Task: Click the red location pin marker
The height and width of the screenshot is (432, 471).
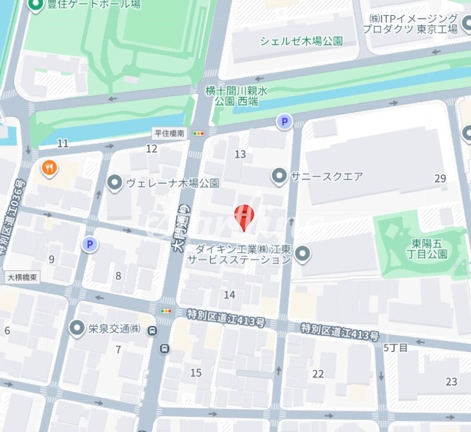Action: [244, 216]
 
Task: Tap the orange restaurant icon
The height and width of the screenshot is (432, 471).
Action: [49, 168]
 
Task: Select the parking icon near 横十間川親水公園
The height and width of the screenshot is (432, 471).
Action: [284, 122]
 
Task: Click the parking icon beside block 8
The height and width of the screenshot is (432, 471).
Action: [89, 243]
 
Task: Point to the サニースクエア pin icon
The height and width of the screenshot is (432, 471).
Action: [278, 176]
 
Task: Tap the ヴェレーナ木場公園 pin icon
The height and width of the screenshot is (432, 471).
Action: [114, 183]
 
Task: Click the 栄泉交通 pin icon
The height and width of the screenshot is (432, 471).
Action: [76, 328]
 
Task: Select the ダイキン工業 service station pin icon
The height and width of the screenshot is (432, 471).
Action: [303, 254]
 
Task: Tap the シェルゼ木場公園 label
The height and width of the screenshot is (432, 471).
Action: [301, 41]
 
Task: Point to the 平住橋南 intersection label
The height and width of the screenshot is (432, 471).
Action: [170, 133]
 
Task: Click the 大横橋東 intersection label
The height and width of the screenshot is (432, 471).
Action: [23, 277]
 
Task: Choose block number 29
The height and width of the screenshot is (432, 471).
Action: [440, 178]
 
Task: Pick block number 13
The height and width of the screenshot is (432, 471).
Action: [240, 155]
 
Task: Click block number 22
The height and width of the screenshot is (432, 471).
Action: [318, 374]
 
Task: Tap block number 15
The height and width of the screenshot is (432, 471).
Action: [196, 373]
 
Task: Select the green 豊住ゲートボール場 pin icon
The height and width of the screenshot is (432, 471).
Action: [36, 5]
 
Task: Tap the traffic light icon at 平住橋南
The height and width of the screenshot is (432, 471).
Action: [198, 134]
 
